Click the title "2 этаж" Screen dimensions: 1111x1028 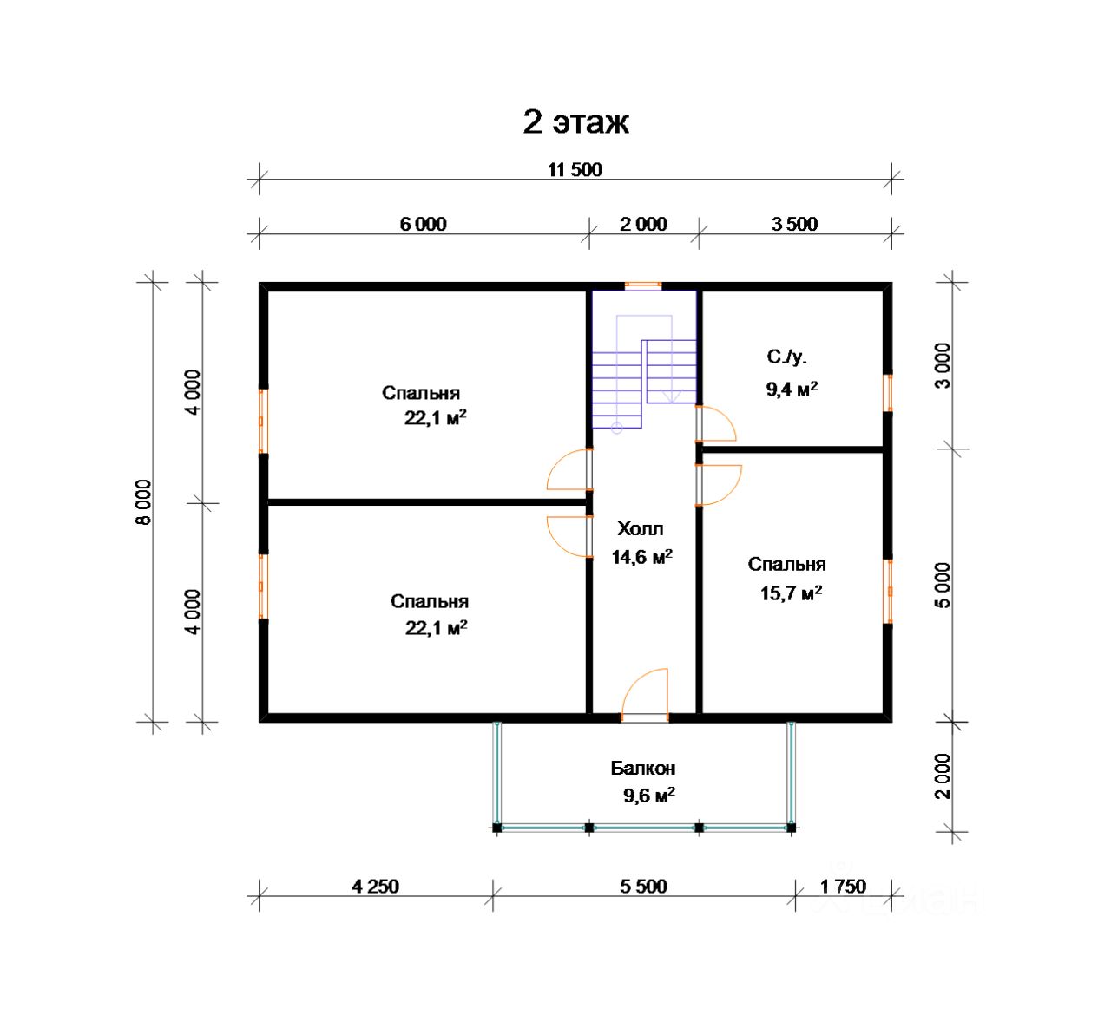click(x=575, y=122)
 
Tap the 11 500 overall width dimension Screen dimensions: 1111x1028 click(x=575, y=169)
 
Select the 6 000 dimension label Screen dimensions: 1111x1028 click(x=423, y=225)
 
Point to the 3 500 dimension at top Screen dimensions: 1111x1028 click(x=794, y=225)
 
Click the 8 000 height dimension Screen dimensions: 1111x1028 click(x=144, y=501)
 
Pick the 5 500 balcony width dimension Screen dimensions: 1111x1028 click(x=643, y=887)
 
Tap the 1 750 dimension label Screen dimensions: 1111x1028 click(x=843, y=887)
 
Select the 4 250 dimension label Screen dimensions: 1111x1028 click(x=375, y=887)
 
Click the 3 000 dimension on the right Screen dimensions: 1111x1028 click(x=943, y=366)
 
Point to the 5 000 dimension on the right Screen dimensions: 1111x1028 click(x=943, y=585)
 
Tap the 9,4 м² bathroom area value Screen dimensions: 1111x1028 click(x=792, y=389)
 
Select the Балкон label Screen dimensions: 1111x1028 click(x=643, y=769)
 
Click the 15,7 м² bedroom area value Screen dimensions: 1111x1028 click(x=791, y=593)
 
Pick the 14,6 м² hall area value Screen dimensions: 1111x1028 click(x=641, y=556)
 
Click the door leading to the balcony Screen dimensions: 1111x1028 click(x=644, y=692)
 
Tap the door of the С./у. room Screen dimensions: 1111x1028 click(x=715, y=424)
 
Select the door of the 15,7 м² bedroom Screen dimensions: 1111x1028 click(x=719, y=485)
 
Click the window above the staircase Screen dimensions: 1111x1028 click(x=643, y=285)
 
